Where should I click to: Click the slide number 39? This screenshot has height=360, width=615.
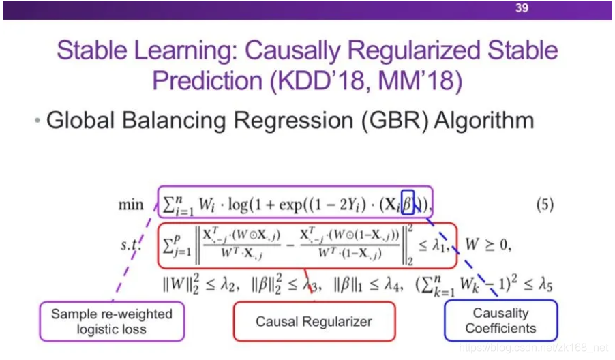coord(522,9)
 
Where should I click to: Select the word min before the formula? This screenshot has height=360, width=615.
coord(131,205)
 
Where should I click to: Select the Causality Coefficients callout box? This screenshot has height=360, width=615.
coord(500,320)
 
